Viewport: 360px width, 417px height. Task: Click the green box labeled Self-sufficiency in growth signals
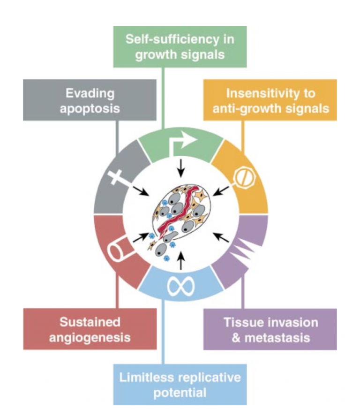[x=180, y=46]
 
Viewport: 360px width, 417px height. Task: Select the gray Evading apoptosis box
[x=90, y=100]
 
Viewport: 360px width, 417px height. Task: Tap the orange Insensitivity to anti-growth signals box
[x=270, y=100]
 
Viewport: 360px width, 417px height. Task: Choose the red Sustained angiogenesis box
[x=90, y=329]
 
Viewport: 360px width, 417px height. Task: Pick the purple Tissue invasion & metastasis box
[x=270, y=329]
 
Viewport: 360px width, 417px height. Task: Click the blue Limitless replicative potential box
[x=180, y=384]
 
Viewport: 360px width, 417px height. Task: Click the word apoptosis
[x=90, y=108]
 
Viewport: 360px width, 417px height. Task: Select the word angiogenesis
[x=90, y=337]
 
